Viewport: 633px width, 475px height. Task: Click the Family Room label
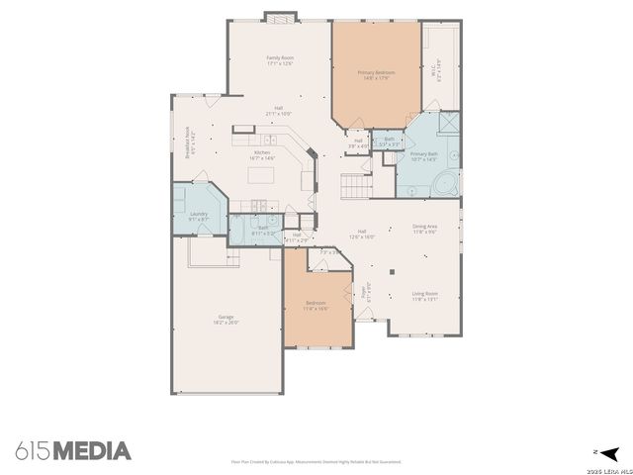pyautogui.click(x=280, y=58)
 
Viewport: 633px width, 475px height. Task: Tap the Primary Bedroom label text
pyautogui.click(x=376, y=72)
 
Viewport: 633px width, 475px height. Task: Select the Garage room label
pyautogui.click(x=226, y=317)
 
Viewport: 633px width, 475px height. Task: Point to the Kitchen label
pyautogui.click(x=261, y=152)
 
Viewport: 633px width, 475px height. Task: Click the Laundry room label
pyautogui.click(x=199, y=214)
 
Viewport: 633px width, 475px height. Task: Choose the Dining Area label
pyautogui.click(x=426, y=227)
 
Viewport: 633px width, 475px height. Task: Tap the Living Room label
pyautogui.click(x=425, y=293)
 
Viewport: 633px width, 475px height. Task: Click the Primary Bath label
pyautogui.click(x=423, y=153)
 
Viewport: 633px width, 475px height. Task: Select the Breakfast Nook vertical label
pyautogui.click(x=187, y=142)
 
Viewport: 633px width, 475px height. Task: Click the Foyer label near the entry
pyautogui.click(x=364, y=293)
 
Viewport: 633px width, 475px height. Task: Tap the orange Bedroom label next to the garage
pyautogui.click(x=316, y=303)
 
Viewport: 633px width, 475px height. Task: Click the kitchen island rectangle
pyautogui.click(x=262, y=176)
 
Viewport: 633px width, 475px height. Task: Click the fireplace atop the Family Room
pyautogui.click(x=280, y=17)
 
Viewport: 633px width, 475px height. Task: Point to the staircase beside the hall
pyautogui.click(x=355, y=183)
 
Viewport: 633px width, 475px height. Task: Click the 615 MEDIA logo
pyautogui.click(x=73, y=451)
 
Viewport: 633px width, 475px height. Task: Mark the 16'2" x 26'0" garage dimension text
pyautogui.click(x=226, y=323)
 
